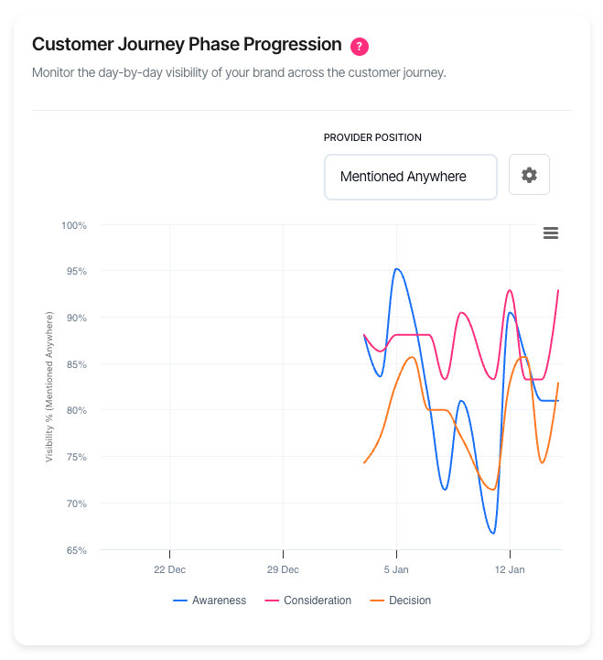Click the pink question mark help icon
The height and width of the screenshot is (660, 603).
pos(360,46)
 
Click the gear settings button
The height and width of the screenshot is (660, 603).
pos(529,175)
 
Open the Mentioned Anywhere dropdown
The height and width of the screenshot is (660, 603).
pos(410,177)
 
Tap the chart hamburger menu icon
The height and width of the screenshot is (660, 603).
pos(551,233)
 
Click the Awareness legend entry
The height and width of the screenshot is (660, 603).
pos(210,600)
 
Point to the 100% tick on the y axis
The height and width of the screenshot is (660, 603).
pos(74,225)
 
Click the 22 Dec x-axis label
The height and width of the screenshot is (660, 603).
pos(169,569)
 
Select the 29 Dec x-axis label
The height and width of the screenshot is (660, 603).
pos(283,569)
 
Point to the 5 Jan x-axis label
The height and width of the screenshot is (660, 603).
pos(396,569)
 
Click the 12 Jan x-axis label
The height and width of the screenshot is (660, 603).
pos(510,569)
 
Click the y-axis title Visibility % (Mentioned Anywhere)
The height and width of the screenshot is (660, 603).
pos(49,386)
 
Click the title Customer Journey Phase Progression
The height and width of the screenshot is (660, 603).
pos(187,45)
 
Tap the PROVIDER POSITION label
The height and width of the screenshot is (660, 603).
pos(372,137)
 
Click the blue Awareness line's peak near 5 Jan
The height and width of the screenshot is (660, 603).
pos(396,269)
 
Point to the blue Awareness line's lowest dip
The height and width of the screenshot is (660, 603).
pos(492,533)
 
